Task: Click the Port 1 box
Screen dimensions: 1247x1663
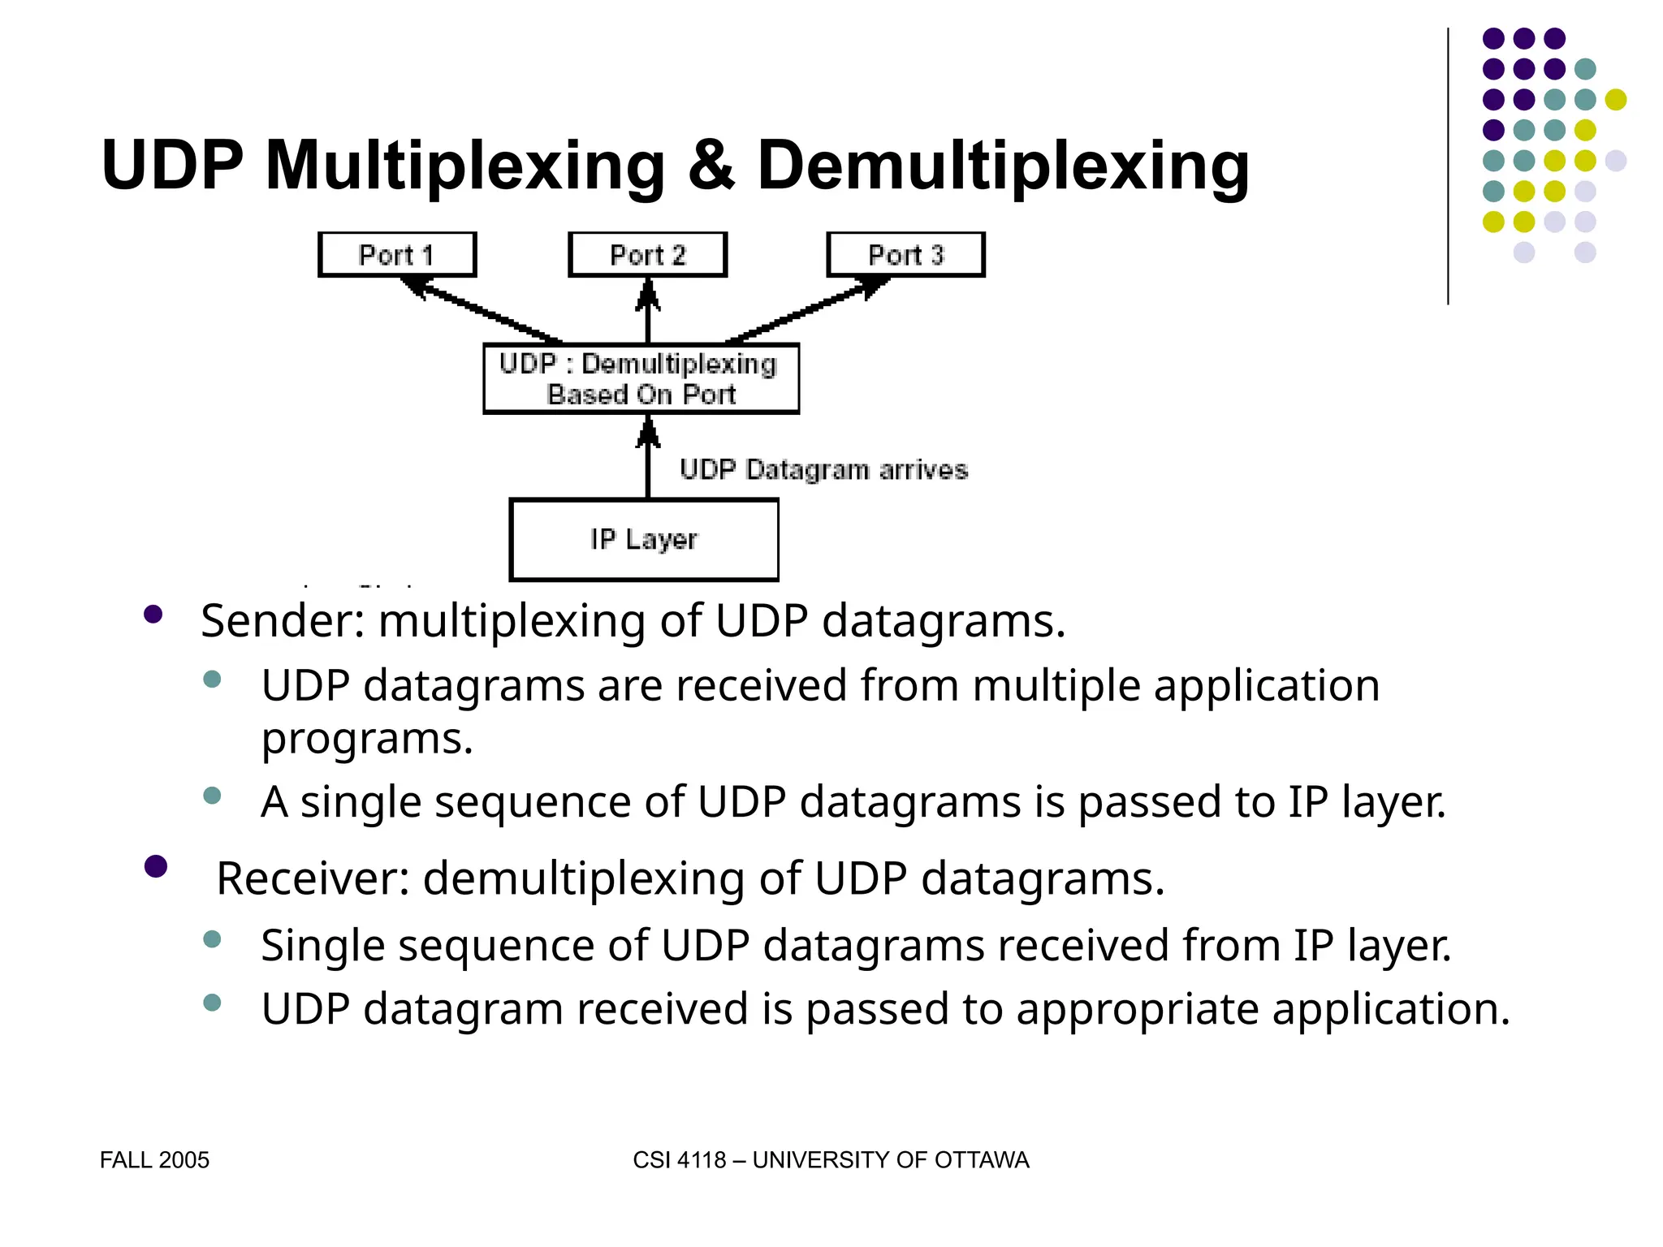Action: point(396,255)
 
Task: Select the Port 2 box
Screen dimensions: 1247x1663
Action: point(647,255)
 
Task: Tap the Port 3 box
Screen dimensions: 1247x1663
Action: point(905,255)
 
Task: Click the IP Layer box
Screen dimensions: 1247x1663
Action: point(644,540)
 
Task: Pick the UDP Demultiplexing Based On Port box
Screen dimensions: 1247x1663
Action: point(641,379)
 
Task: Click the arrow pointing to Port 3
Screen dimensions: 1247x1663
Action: point(807,310)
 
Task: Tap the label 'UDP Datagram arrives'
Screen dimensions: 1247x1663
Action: point(823,470)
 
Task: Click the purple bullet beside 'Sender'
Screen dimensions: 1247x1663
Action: point(153,615)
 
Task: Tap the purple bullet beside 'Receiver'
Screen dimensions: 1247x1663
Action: point(155,866)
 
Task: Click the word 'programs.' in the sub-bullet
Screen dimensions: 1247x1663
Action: point(367,740)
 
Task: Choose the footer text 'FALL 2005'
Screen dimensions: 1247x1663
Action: point(154,1160)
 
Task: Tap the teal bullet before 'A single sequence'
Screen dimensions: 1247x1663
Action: point(213,796)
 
